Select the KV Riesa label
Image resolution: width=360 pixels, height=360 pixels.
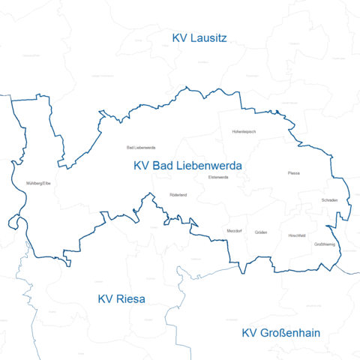121,298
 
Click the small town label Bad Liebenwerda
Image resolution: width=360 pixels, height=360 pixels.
141,148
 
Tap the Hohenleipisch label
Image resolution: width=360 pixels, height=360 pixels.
244,131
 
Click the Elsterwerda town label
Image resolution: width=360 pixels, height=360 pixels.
218,177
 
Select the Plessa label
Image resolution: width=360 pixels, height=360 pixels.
293,173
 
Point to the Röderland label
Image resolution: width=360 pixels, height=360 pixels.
178,195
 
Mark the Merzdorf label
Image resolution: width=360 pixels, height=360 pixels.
234,231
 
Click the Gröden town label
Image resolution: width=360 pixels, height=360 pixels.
261,232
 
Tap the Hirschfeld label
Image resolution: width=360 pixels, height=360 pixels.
297,235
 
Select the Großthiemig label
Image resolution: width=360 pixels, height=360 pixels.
324,244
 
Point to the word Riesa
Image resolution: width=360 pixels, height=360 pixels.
131,298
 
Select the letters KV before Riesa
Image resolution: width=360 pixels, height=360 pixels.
106,298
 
